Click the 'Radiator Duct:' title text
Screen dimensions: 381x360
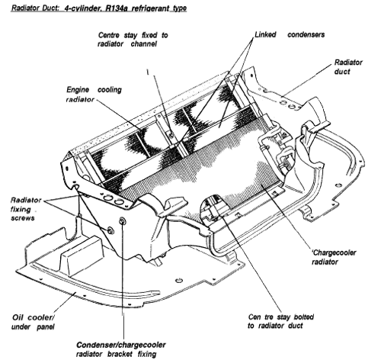click(x=35, y=8)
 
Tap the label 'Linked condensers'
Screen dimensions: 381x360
click(x=290, y=34)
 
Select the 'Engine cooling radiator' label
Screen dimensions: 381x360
click(x=94, y=95)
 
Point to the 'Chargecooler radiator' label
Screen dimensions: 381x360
click(x=334, y=257)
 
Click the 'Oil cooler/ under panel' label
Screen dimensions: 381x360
click(x=33, y=322)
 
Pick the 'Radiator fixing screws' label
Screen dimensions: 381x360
click(x=26, y=209)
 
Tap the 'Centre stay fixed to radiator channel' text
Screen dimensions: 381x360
click(x=133, y=40)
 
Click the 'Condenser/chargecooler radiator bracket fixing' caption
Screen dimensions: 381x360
click(x=121, y=349)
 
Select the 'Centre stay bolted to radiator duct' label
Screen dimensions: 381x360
click(x=281, y=321)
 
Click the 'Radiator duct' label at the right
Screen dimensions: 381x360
click(x=348, y=67)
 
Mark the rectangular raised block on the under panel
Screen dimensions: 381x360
click(x=82, y=256)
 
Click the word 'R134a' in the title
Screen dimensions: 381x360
click(x=117, y=8)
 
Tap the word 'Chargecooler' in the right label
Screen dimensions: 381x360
click(x=335, y=252)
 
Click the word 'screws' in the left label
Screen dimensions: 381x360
click(x=23, y=218)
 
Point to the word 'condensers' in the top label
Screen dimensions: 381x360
click(x=306, y=34)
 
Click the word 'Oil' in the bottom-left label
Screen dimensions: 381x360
click(x=18, y=317)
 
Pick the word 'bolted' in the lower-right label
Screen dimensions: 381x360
click(x=304, y=317)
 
